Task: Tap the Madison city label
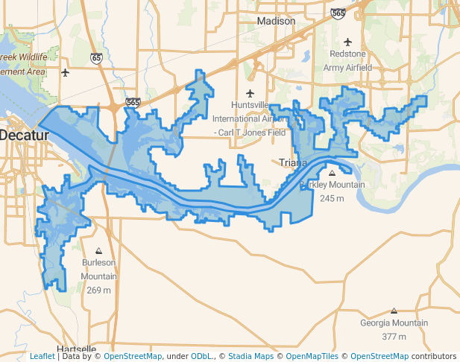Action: pyautogui.click(x=276, y=22)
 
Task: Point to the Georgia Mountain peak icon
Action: pyautogui.click(x=394, y=311)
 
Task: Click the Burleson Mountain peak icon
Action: pyautogui.click(x=98, y=251)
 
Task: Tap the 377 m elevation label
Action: pyautogui.click(x=394, y=337)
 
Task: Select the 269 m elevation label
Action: pyautogui.click(x=98, y=289)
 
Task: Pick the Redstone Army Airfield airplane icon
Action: pyautogui.click(x=348, y=42)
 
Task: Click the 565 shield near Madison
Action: pyautogui.click(x=338, y=13)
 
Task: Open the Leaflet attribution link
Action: pyautogui.click(x=42, y=356)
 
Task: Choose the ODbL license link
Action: pyautogui.click(x=202, y=356)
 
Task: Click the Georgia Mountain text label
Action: pyautogui.click(x=394, y=323)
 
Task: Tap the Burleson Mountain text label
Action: pyautogui.click(x=98, y=269)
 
